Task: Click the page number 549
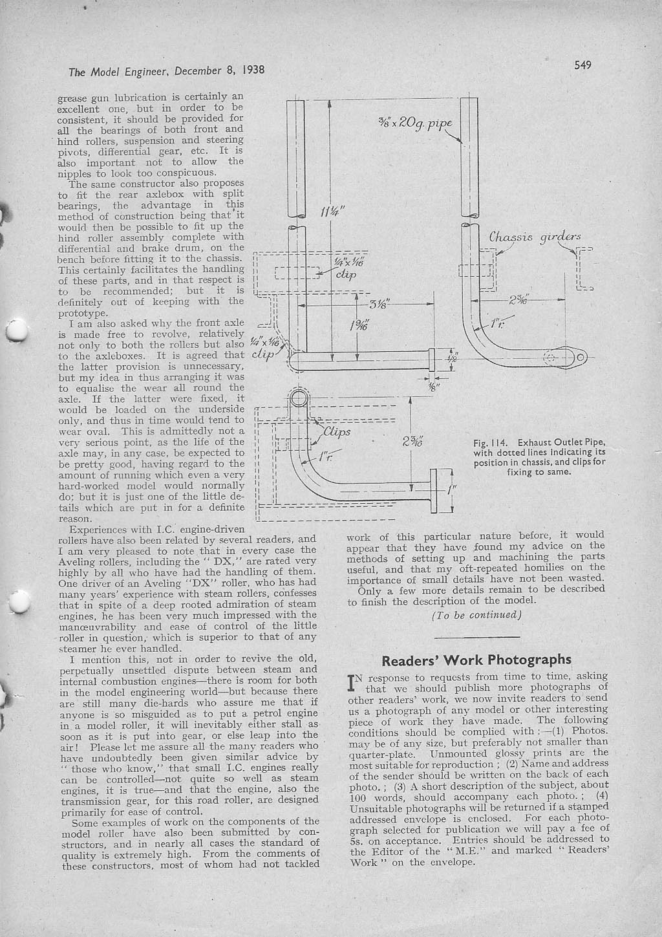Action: tap(582, 63)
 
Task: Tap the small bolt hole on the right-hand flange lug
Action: tap(580, 358)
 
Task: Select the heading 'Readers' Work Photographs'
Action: tap(476, 660)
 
